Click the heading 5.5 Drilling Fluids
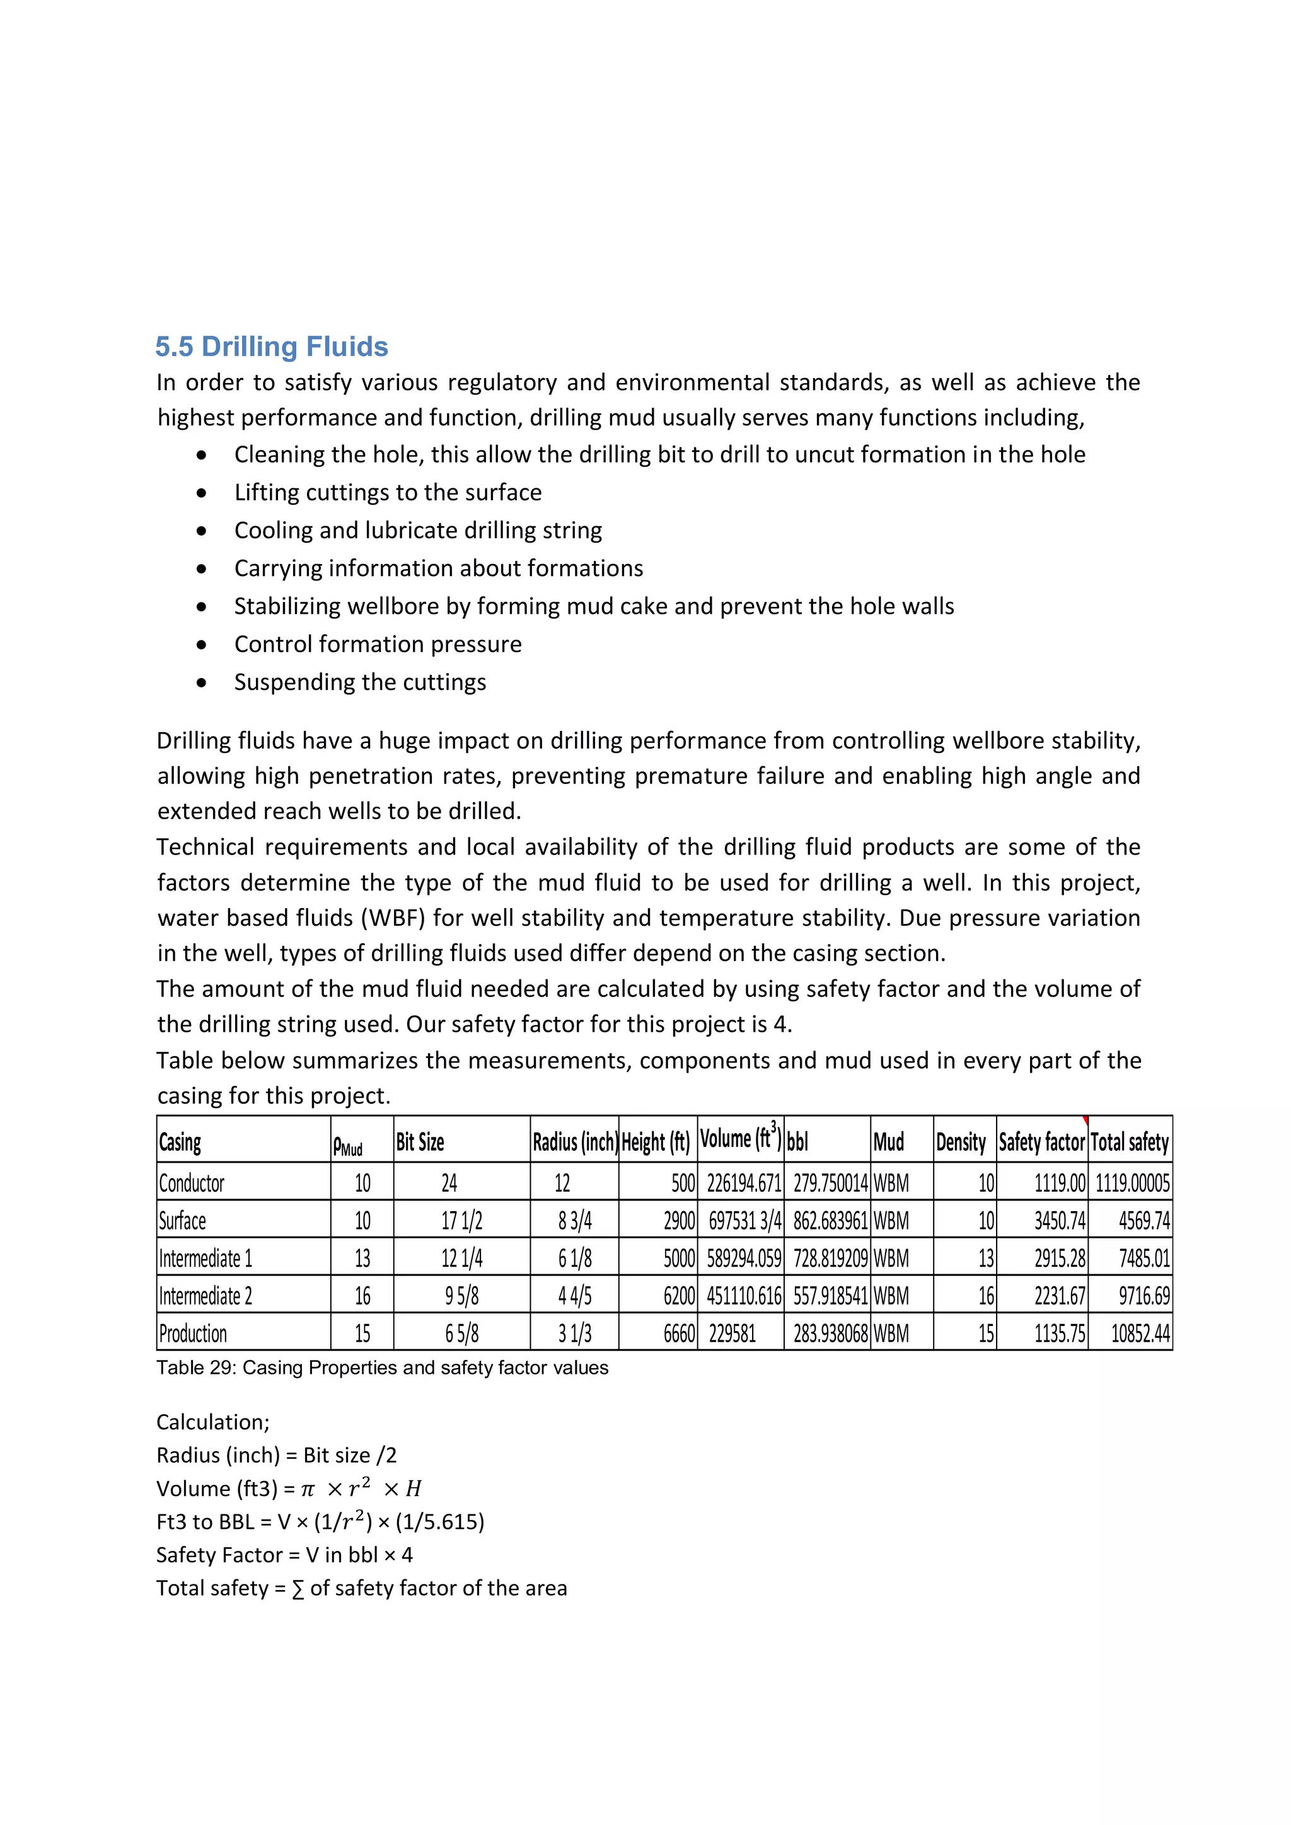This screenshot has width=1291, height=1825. (271, 347)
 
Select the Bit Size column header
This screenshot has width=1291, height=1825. (420, 1143)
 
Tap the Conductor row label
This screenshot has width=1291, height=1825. (192, 1183)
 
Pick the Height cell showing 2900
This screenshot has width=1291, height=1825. (679, 1221)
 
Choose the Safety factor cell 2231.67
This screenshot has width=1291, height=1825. (1059, 1296)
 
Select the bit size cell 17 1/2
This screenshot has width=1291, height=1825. (461, 1221)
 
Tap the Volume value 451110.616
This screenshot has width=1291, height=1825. (743, 1296)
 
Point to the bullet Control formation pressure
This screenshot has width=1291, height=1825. (378, 644)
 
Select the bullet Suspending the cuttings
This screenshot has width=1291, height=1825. (359, 682)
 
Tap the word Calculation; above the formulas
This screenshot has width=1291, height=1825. (212, 1422)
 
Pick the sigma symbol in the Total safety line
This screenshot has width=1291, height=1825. (298, 1589)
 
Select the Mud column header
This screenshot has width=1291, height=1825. (888, 1143)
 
